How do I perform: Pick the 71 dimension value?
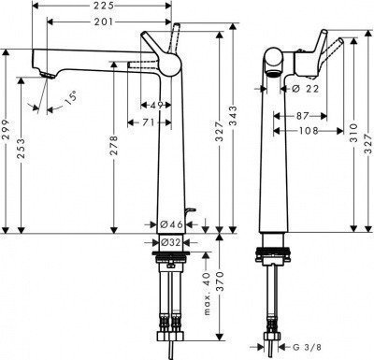coord(150,122)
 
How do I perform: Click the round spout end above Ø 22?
coord(270,75)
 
